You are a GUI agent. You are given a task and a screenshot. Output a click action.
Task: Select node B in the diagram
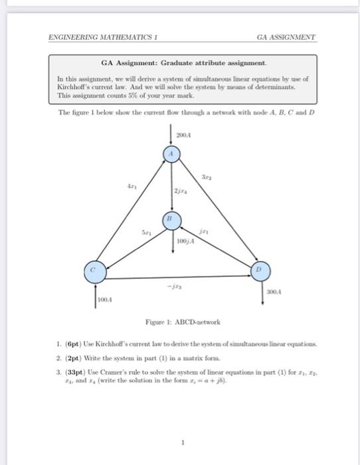(170, 218)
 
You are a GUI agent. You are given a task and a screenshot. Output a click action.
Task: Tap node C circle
(94, 270)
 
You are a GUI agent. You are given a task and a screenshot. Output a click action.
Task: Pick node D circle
(260, 270)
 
